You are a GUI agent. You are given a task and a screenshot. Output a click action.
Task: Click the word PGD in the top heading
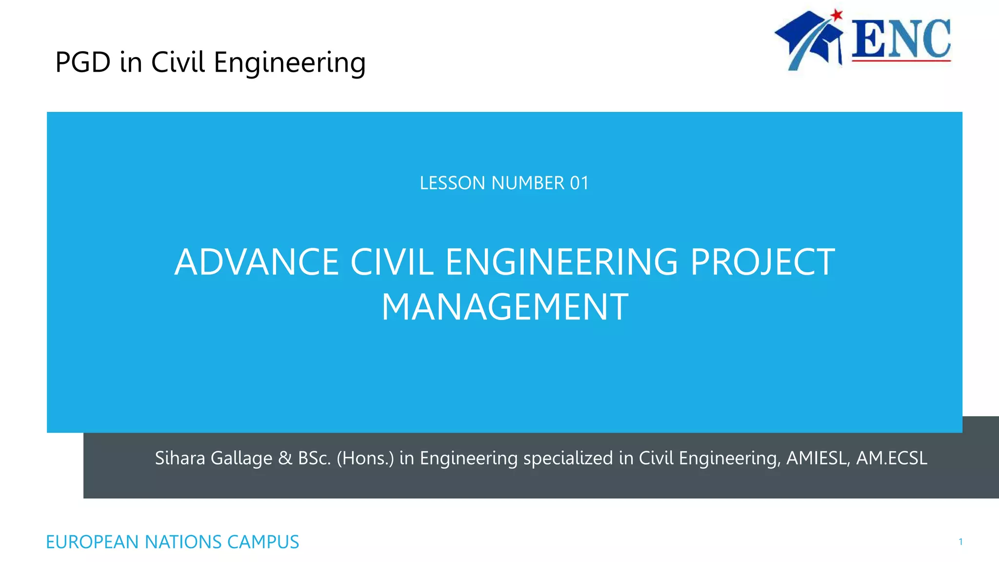coord(83,62)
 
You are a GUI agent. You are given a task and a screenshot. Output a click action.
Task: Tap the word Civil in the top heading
coord(178,62)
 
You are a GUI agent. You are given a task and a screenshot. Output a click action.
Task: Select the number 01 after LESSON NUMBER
coord(579,183)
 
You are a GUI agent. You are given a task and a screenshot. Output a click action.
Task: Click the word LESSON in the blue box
coord(452,183)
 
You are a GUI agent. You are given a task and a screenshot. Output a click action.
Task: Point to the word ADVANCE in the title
coord(257,262)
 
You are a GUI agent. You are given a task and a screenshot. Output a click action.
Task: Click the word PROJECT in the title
coord(762,262)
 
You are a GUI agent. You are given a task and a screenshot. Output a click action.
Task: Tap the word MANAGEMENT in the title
coord(505,307)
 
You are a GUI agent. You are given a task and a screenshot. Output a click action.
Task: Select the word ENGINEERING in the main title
coord(561,262)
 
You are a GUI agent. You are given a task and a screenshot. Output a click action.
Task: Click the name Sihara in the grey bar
coord(180,458)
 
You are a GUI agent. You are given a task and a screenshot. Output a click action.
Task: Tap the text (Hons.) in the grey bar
coord(365,458)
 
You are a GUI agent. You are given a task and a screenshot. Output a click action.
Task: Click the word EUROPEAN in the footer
coord(92,542)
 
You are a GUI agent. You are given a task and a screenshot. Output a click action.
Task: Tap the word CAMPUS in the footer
coord(263,542)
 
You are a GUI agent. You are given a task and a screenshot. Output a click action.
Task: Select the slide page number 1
coord(960,542)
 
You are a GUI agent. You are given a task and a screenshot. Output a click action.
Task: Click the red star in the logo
coord(837,15)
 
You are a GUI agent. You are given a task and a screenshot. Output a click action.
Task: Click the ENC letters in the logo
coord(901,39)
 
